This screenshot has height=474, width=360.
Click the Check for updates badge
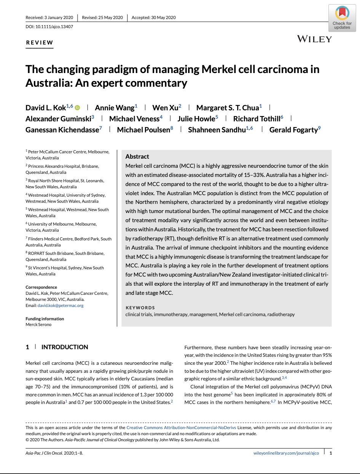(342, 19)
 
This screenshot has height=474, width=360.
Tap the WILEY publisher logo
(314, 39)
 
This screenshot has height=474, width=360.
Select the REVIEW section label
(40, 43)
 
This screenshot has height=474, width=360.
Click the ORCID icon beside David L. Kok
(78, 108)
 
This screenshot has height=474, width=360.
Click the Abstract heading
(137, 156)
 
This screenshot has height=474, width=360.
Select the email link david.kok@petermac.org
(60, 305)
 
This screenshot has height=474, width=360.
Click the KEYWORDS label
(140, 308)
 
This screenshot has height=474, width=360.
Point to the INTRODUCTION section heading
(65, 347)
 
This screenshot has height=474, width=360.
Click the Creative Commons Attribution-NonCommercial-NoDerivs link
(181, 428)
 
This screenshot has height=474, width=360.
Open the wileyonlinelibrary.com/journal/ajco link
(286, 453)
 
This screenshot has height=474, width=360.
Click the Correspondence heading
(41, 287)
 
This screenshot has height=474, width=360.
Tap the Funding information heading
(45, 319)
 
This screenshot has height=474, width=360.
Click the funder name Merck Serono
(38, 324)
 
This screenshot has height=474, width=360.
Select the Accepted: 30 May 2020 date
(153, 17)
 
